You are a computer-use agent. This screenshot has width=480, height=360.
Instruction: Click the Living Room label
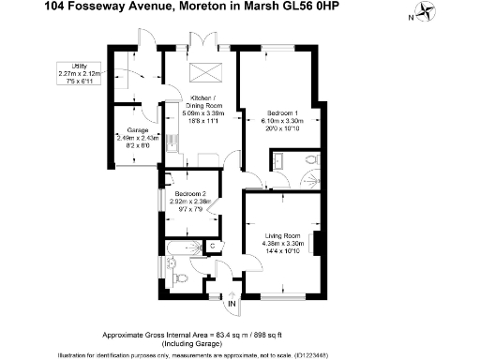(281, 235)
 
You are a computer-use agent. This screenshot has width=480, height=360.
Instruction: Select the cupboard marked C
(214, 246)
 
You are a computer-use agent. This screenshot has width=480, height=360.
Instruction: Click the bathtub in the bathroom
(182, 249)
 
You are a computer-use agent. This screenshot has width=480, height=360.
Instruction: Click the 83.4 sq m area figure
(213, 336)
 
